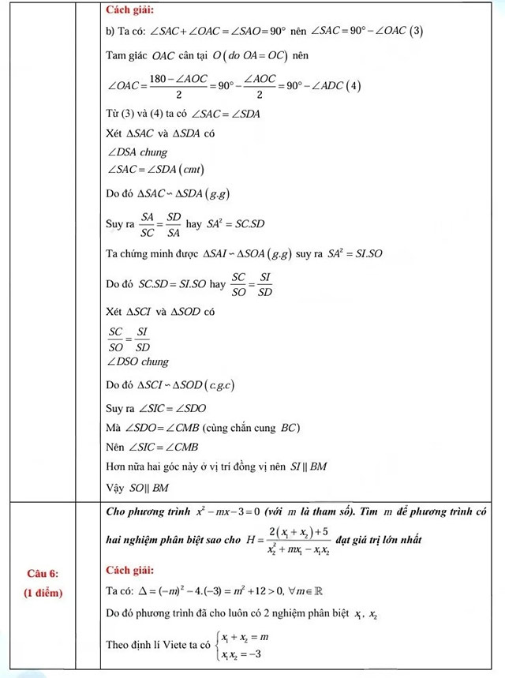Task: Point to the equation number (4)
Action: [x=355, y=86]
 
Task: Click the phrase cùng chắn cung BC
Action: [x=252, y=428]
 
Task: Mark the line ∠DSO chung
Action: [x=137, y=362]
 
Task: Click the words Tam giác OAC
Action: [x=133, y=57]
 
